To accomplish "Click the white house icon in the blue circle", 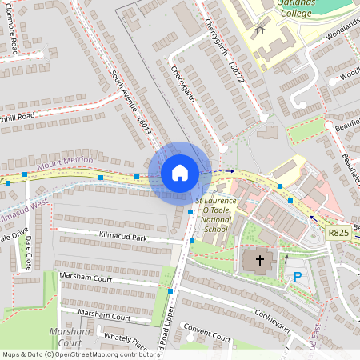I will coord(180,172).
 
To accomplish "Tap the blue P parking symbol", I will coord(297,277).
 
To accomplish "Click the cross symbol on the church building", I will coord(259,261).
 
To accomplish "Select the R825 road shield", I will coord(337,231).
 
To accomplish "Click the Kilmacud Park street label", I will coord(123,238).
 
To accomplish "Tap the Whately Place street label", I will coord(125,341).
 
